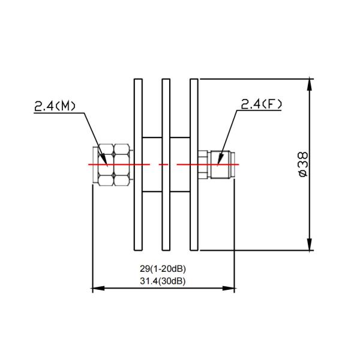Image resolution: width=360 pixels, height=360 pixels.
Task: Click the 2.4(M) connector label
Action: click(x=55, y=106)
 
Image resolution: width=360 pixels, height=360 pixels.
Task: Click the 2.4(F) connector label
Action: click(x=261, y=104)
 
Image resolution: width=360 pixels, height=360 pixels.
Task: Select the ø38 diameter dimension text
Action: click(x=303, y=164)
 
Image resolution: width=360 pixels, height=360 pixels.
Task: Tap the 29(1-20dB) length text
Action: click(x=161, y=269)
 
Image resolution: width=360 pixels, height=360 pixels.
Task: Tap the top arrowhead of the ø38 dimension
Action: click(x=310, y=84)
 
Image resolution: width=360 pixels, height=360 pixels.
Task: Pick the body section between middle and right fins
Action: click(x=179, y=180)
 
